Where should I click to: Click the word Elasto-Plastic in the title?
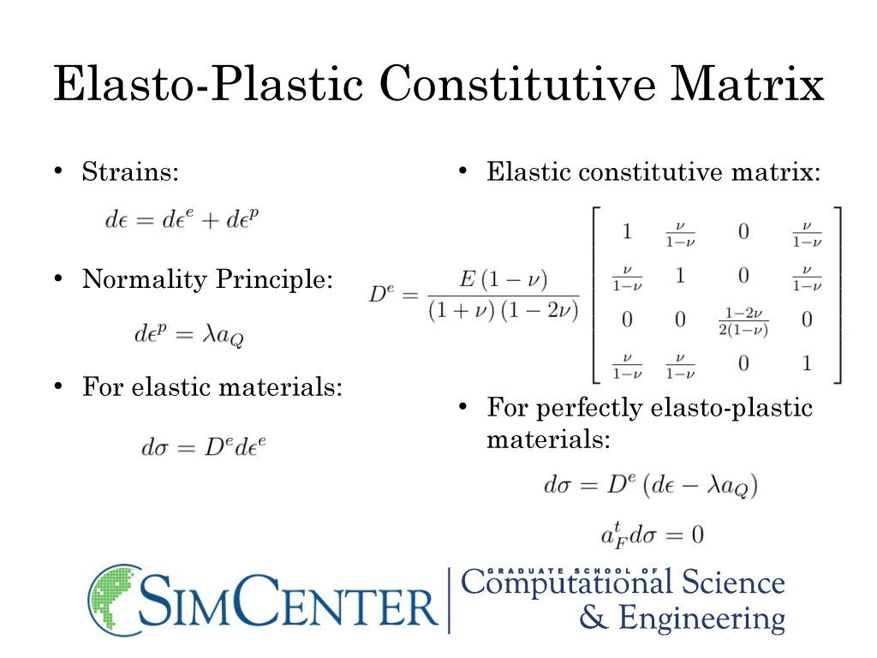208,83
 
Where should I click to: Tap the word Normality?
144,279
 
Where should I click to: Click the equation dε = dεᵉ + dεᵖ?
182,218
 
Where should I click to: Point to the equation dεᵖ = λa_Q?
189,334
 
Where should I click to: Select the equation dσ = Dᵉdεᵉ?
204,447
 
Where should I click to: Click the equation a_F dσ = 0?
652,535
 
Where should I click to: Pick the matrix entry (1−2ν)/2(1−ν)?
743,321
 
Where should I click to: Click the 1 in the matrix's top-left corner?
627,231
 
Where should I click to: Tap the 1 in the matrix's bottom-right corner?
807,363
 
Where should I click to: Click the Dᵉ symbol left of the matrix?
381,293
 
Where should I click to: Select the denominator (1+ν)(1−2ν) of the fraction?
504,310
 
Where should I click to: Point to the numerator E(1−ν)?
504,278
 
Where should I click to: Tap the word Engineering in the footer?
702,619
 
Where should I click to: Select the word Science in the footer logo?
733,583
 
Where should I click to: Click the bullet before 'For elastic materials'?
58,386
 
